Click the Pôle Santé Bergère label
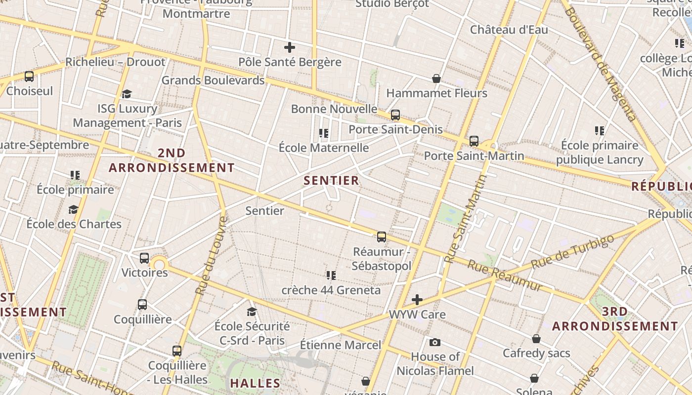click(x=290, y=62)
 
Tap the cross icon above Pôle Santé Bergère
click(x=290, y=47)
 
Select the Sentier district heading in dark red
click(x=331, y=181)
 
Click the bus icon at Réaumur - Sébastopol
click(x=382, y=237)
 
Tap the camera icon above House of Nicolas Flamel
click(x=435, y=342)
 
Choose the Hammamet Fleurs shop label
click(x=436, y=93)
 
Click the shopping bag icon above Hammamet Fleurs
click(x=436, y=79)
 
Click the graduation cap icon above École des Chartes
click(x=74, y=209)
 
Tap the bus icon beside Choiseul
click(x=29, y=77)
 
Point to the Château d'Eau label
click(x=509, y=30)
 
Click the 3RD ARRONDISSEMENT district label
click(x=615, y=319)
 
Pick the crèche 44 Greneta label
click(x=331, y=290)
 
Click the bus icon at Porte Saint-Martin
click(x=474, y=141)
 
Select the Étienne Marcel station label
click(x=341, y=345)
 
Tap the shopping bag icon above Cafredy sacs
click(x=536, y=339)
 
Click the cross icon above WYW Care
click(x=417, y=300)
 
